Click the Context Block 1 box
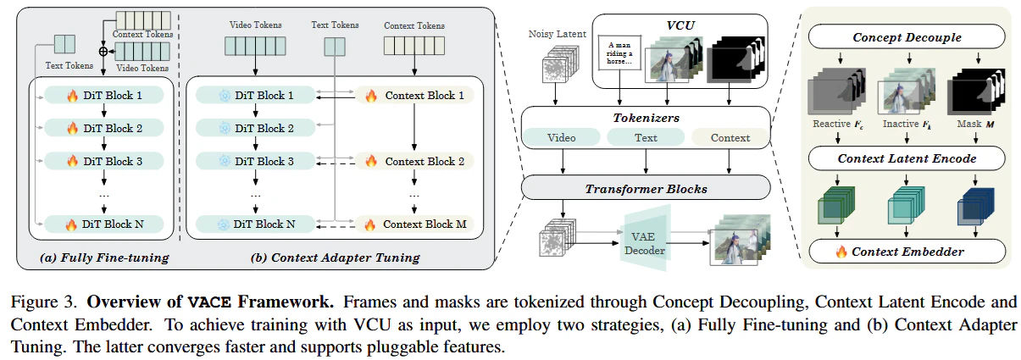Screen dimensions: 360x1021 pos(414,96)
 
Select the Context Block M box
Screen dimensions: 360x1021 pos(414,224)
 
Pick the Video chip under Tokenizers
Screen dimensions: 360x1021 pos(561,137)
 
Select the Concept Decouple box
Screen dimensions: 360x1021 pos(907,36)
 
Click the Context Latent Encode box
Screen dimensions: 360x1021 pos(907,158)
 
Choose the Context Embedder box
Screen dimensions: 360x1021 pos(907,252)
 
